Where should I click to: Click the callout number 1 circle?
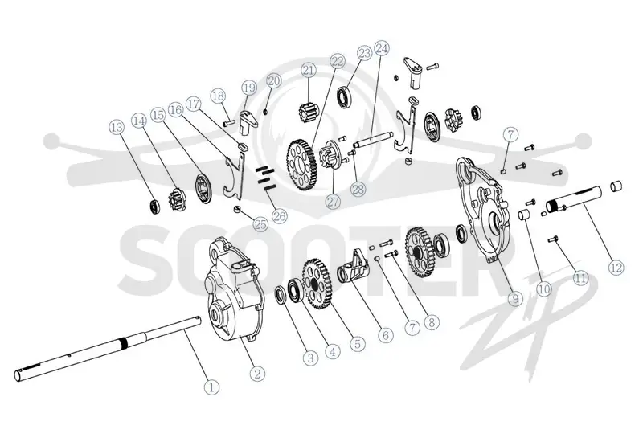tap(211, 387)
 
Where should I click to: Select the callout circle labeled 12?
tap(616, 268)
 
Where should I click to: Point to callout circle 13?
tap(117, 127)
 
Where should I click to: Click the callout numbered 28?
tap(358, 189)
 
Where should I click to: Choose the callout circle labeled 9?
tap(515, 298)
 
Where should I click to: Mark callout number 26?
tap(280, 215)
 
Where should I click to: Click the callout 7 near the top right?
tap(510, 134)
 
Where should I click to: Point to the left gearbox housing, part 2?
tap(232, 289)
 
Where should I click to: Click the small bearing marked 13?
tap(154, 206)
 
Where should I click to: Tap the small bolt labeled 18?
tap(228, 122)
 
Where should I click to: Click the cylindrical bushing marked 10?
tap(523, 215)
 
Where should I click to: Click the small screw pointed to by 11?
tap(553, 239)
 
